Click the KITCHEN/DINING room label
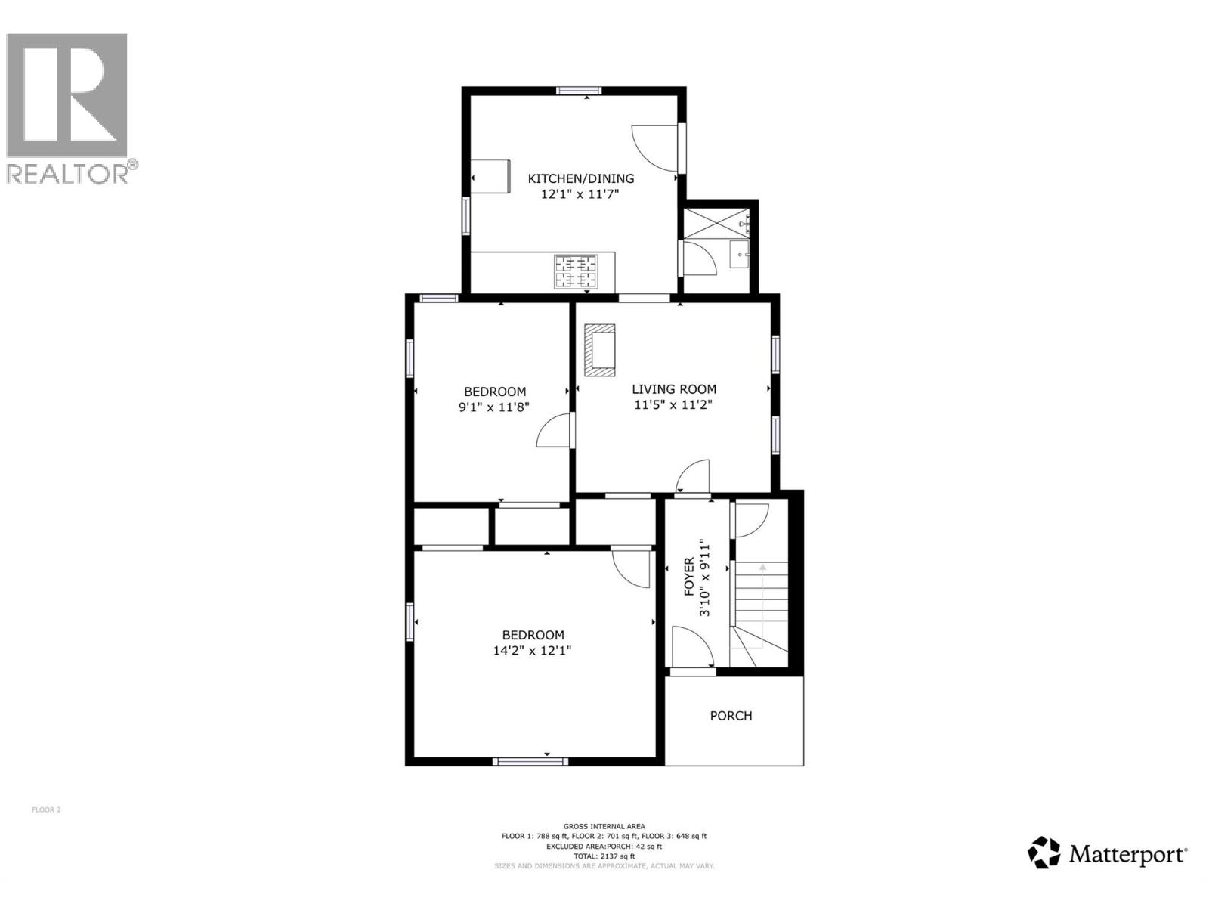coord(580,179)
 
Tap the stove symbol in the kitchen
coord(577,272)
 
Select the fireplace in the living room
coord(599,350)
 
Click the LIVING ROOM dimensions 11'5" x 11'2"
coord(673,405)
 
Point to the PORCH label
coord(731,716)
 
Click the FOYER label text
coord(689,577)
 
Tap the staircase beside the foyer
coord(761,605)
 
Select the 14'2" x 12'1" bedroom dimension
coord(532,651)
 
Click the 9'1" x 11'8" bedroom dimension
coord(494,407)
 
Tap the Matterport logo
coord(1108,853)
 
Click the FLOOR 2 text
coord(46,810)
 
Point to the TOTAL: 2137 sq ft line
coord(604,856)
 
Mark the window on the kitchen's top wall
coord(579,91)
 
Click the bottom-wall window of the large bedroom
coord(530,761)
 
